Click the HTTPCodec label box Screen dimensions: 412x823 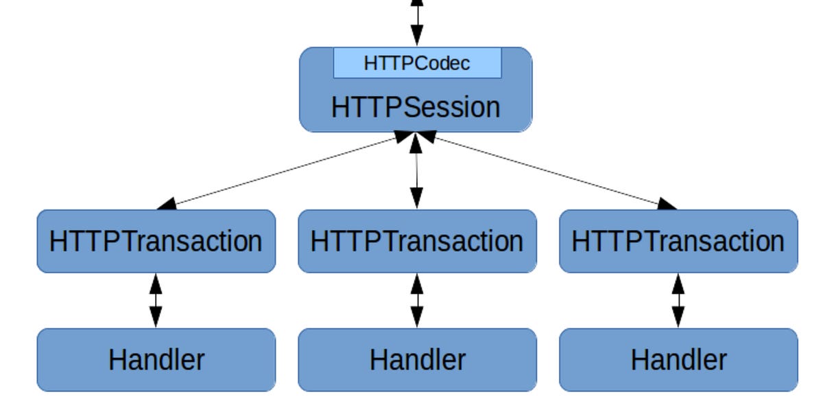[417, 63]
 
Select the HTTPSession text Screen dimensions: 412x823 [416, 107]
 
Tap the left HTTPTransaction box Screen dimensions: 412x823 [156, 241]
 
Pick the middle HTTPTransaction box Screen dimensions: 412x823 [417, 241]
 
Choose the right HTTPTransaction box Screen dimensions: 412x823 [678, 241]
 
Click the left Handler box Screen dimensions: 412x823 [156, 360]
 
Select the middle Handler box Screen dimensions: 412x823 [417, 360]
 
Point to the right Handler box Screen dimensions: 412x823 [678, 360]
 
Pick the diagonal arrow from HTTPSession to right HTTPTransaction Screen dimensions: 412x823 [549, 170]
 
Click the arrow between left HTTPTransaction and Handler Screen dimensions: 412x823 [156, 300]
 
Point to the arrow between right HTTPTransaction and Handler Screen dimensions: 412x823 [678, 300]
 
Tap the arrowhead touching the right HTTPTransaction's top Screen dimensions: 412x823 [666, 203]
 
